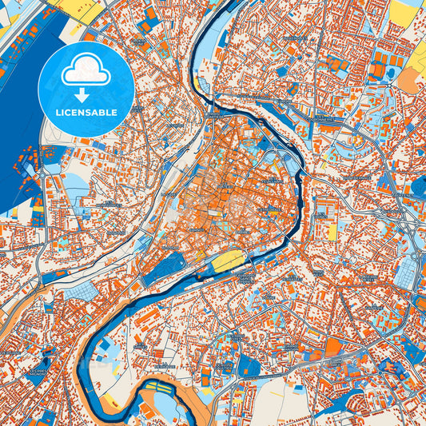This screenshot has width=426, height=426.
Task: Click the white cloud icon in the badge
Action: point(86,71)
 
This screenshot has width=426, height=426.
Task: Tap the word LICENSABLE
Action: point(86,111)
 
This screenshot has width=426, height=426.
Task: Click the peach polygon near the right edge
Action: point(408,79)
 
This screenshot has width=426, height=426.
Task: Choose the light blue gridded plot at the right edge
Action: point(405,273)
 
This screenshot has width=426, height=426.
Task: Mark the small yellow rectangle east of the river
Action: point(332,231)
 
